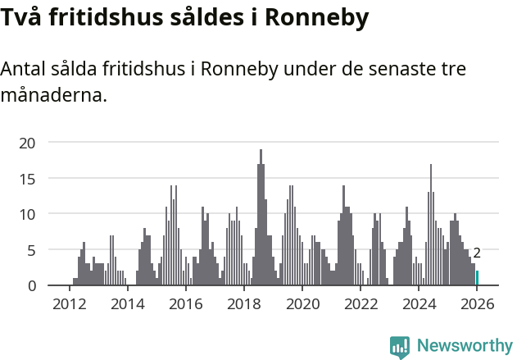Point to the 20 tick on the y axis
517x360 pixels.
(x=28, y=143)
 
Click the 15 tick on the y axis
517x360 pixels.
(x=28, y=178)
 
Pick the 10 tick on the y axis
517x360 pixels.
(x=28, y=214)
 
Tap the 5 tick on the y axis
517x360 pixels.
(x=32, y=249)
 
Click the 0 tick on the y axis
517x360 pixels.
(x=32, y=285)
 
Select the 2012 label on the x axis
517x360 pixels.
(x=69, y=304)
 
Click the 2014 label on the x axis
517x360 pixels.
(x=127, y=304)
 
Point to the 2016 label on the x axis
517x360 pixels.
(x=185, y=304)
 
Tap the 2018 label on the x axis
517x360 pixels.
(x=243, y=304)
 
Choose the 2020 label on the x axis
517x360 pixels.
(x=302, y=304)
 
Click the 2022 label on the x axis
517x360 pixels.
(x=361, y=304)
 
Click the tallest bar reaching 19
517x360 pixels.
(x=261, y=217)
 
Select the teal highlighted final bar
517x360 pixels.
(x=478, y=278)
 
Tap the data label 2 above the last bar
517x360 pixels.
(x=477, y=253)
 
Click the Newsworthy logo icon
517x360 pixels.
(x=400, y=346)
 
